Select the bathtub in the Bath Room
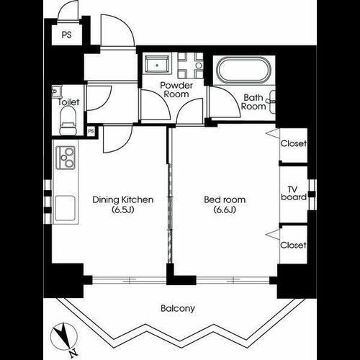243,72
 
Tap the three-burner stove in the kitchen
66,156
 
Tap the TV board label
294,192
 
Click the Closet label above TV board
294,143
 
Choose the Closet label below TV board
294,245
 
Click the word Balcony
177,308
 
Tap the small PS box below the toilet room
91,131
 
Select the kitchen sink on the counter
64,208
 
